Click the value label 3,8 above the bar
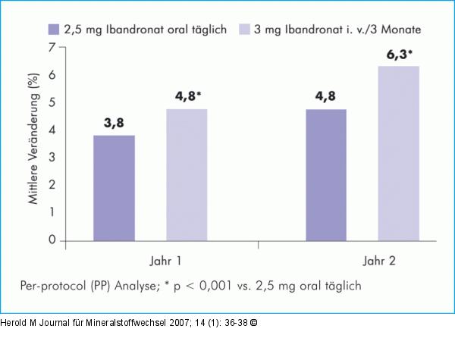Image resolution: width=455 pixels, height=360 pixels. (114, 124)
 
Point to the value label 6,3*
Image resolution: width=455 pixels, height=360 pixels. (400, 55)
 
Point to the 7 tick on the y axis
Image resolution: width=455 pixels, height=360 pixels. (52, 47)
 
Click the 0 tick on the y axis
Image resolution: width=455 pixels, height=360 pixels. (52, 240)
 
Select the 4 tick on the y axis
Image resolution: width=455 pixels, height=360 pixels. (52, 130)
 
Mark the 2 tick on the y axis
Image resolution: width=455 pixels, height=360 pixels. (52, 185)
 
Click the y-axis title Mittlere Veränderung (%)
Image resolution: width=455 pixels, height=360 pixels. (33, 142)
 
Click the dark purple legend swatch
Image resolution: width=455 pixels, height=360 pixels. (53, 29)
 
